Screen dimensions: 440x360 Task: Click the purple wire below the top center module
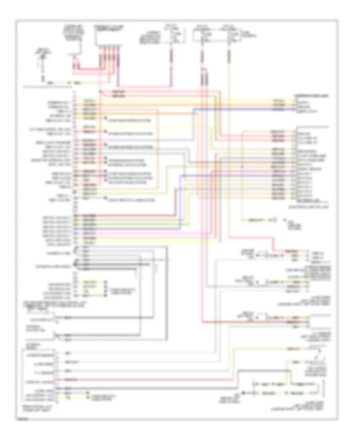pos(119,72)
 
